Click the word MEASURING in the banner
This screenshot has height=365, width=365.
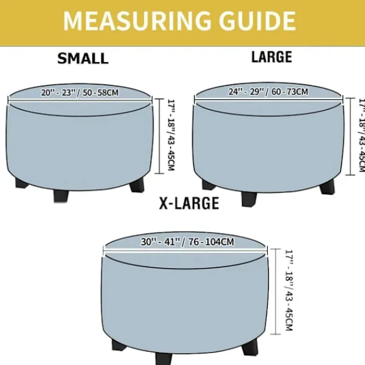click(x=137, y=21)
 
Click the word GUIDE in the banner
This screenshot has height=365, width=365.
click(x=257, y=21)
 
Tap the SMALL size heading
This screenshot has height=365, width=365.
click(x=83, y=58)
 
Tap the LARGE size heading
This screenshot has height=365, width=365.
click(x=272, y=57)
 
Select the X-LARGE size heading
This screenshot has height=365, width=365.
click(x=189, y=203)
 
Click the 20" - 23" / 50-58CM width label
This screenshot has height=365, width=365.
click(x=80, y=92)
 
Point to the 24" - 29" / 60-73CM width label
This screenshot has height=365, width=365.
click(x=268, y=91)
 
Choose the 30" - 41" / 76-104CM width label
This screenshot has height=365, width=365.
click(x=187, y=242)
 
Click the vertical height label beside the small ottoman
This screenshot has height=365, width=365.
click(x=171, y=135)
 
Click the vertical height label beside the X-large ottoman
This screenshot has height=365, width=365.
click(x=288, y=290)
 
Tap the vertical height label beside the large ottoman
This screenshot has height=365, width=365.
click(x=361, y=136)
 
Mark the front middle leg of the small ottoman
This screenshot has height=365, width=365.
click(x=61, y=195)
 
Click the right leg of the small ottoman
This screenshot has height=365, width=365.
click(x=137, y=186)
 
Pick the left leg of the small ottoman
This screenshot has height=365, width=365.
click(x=21, y=183)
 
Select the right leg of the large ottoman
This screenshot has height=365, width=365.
click(x=327, y=187)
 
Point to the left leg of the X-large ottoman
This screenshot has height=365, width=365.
click(x=119, y=345)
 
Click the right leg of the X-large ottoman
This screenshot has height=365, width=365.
click(x=250, y=348)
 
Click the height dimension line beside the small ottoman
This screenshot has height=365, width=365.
click(x=159, y=136)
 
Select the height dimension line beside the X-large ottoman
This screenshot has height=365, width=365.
click(x=276, y=291)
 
